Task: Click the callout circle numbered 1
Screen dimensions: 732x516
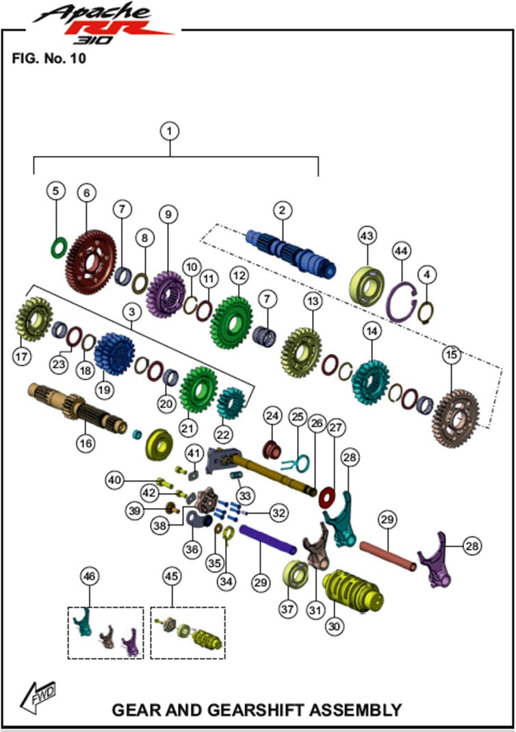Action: pyautogui.click(x=170, y=131)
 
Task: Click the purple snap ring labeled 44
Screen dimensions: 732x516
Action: pyautogui.click(x=401, y=302)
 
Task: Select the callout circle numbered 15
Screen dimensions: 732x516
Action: pyautogui.click(x=451, y=356)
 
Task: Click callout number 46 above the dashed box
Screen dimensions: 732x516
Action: pyautogui.click(x=89, y=576)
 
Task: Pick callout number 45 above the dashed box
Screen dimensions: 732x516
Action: pyautogui.click(x=172, y=576)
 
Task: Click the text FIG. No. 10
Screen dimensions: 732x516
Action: pyautogui.click(x=48, y=58)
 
